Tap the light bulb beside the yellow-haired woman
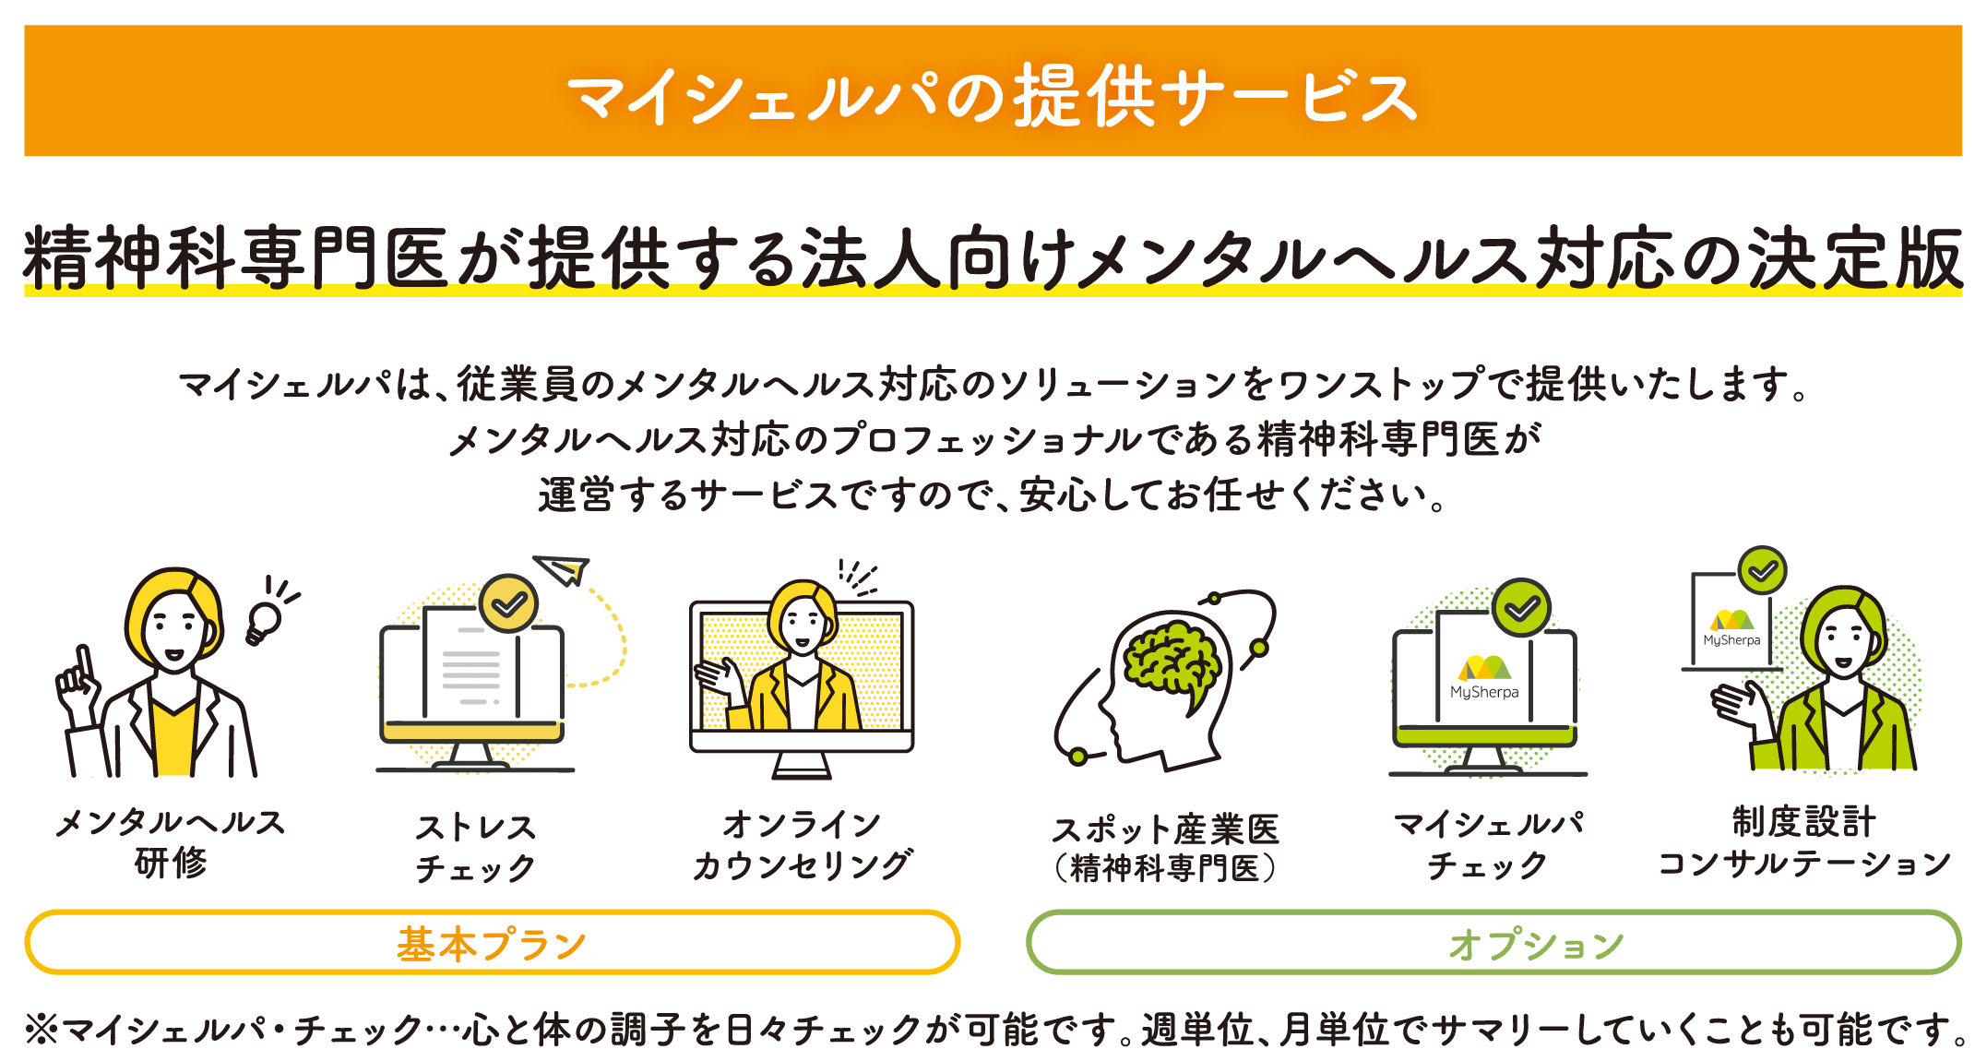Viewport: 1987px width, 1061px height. (264, 620)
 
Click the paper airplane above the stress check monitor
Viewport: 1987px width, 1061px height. (564, 569)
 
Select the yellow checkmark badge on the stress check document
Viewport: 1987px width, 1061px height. (508, 603)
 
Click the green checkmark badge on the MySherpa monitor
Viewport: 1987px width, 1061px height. (1521, 607)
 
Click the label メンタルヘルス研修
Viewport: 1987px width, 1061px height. (171, 841)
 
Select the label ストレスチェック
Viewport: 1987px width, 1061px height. (475, 847)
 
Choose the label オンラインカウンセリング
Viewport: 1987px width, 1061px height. (802, 844)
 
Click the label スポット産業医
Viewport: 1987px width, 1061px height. (1166, 829)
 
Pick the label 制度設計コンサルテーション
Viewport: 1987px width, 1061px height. (1803, 841)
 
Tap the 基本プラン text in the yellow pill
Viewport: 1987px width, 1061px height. (492, 944)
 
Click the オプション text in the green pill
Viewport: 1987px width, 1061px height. (1536, 944)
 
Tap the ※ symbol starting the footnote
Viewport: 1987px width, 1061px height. (41, 1029)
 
